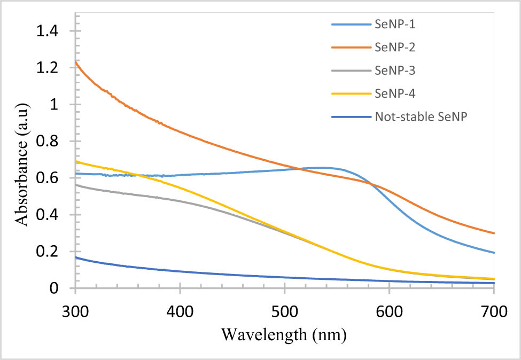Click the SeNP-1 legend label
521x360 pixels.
pyautogui.click(x=394, y=24)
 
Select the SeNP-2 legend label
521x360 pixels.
pyautogui.click(x=394, y=47)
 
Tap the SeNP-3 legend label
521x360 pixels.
pyautogui.click(x=394, y=71)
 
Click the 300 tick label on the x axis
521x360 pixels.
pyautogui.click(x=75, y=309)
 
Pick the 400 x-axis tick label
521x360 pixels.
pyautogui.click(x=180, y=309)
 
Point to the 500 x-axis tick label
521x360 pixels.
pyautogui.click(x=285, y=309)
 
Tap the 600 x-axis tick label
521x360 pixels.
pyautogui.click(x=389, y=309)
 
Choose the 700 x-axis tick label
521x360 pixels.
pyautogui.click(x=494, y=309)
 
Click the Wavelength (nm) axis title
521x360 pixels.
pyautogui.click(x=284, y=335)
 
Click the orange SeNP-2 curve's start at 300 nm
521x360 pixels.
pyautogui.click(x=76, y=62)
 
